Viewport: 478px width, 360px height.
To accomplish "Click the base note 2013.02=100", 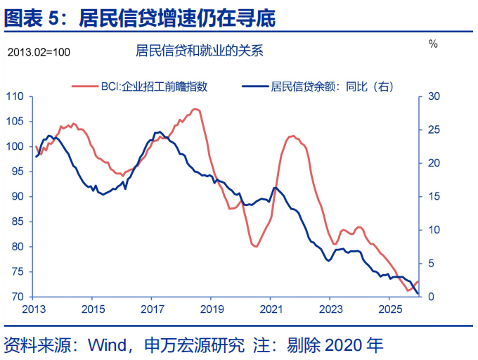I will pos(39,52).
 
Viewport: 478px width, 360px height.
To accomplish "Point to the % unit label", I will pos(433,44).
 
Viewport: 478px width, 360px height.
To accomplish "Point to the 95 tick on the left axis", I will pos(17,172).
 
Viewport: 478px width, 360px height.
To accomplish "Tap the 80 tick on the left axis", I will pos(17,247).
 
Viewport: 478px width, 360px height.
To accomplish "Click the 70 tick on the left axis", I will pos(17,297).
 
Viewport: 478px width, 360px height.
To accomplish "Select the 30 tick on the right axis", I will pos(434,96).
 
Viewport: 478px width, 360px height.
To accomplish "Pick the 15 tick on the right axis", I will pos(434,197).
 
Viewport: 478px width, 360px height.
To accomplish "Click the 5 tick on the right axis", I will pos(431,264).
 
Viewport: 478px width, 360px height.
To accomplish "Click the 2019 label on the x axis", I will pos(212,309).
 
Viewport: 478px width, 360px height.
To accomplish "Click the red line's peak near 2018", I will pos(195,109).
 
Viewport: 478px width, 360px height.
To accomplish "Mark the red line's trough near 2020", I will pos(255,247).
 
